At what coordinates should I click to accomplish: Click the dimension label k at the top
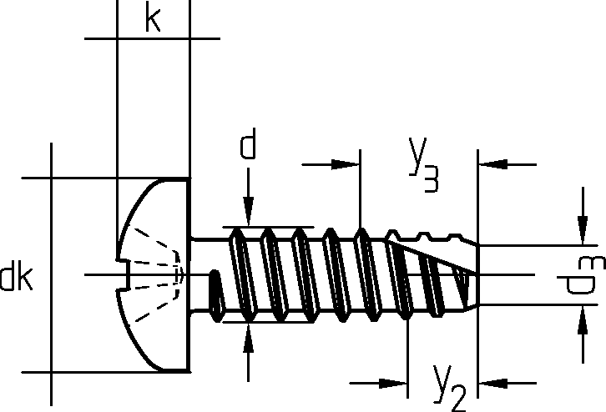(153, 19)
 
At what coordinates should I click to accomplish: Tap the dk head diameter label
(16, 278)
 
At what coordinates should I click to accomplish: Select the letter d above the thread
(248, 144)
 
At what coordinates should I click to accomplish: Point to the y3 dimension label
(423, 165)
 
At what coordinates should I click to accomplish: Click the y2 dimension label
(449, 387)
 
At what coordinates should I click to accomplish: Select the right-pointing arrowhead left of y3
(346, 164)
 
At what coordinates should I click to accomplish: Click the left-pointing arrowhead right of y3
(493, 164)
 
